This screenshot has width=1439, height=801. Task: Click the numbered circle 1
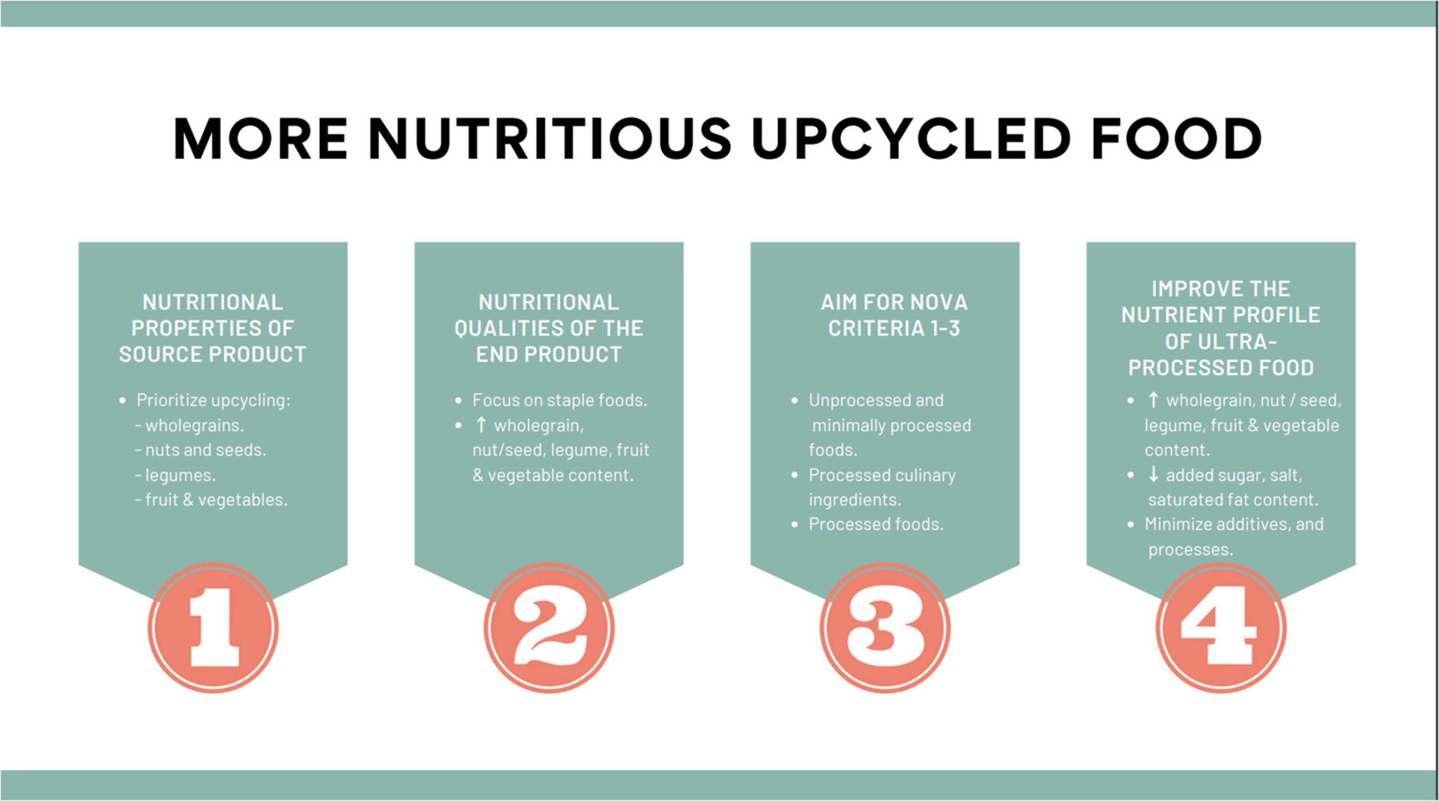(x=213, y=628)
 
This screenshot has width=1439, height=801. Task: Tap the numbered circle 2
(x=549, y=628)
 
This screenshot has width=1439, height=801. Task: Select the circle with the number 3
(x=885, y=628)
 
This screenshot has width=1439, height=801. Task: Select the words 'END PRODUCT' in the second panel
(x=549, y=354)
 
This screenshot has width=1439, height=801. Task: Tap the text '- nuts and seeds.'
(x=201, y=450)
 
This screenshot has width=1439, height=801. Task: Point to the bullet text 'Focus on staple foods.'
(x=560, y=400)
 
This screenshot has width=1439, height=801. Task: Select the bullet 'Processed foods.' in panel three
(x=876, y=524)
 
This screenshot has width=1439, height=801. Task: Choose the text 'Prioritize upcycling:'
(x=213, y=401)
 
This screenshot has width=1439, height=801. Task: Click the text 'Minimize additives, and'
(x=1234, y=524)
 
